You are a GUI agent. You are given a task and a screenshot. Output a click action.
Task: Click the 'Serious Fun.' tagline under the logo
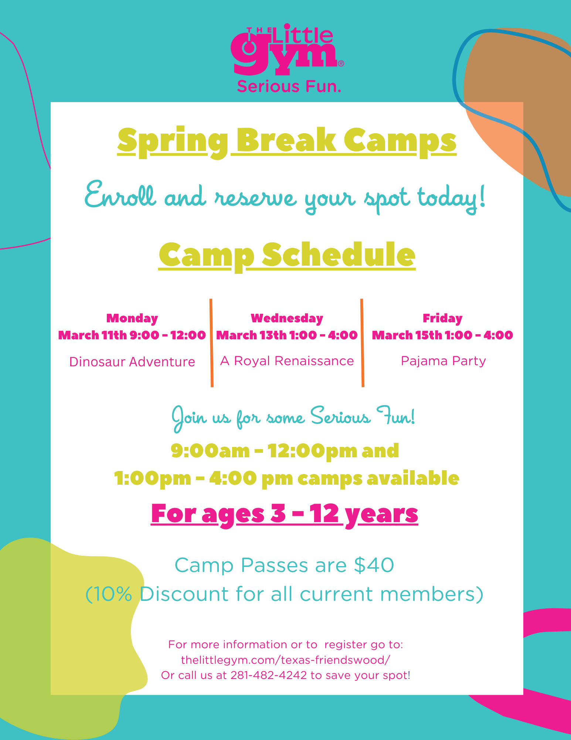point(289,87)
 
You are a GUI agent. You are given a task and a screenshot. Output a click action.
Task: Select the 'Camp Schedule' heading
point(287,255)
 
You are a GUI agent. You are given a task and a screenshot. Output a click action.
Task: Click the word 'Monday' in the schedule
point(132,318)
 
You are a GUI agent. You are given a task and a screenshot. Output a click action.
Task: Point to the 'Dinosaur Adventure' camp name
point(132,361)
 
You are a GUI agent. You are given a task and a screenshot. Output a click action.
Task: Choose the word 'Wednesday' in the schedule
point(287,318)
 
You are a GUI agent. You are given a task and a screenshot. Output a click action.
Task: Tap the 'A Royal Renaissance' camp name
point(287,361)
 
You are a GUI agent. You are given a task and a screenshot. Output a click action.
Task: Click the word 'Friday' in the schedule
point(443,318)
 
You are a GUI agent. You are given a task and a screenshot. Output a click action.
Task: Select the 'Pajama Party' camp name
point(443,361)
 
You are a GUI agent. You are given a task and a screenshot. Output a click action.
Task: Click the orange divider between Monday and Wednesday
point(211,343)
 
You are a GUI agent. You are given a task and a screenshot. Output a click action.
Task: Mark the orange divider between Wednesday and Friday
point(362,343)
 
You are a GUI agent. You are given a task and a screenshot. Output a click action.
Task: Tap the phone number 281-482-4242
point(269,675)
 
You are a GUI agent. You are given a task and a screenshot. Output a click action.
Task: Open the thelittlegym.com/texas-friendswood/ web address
point(286,660)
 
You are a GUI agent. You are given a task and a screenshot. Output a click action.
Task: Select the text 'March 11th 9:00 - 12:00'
point(132,335)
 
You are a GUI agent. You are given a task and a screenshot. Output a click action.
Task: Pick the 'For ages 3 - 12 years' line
point(285,514)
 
